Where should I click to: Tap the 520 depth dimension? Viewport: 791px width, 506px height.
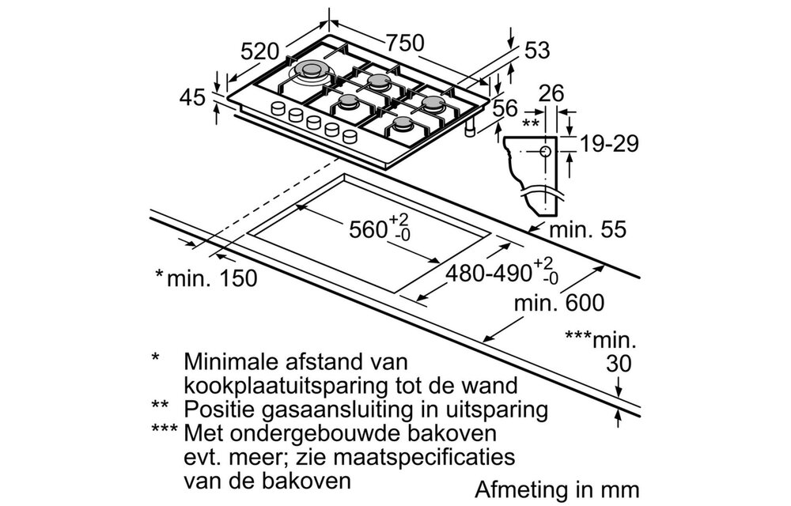(260, 52)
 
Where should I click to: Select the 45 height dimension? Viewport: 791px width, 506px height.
(192, 99)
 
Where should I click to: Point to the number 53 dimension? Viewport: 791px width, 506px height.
(536, 51)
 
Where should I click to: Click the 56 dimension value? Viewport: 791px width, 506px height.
(505, 109)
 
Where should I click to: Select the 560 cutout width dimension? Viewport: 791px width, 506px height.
(372, 231)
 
